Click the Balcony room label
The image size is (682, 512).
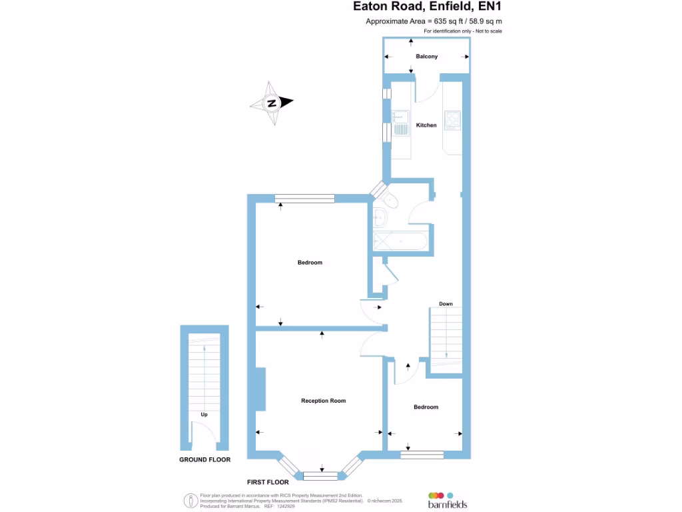[426, 57]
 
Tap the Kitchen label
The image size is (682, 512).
[426, 125]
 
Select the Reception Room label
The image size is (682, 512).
[324, 401]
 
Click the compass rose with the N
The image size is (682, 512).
[272, 103]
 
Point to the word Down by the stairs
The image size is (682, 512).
[446, 304]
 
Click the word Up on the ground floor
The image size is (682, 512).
[204, 415]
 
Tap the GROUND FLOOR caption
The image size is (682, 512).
[204, 460]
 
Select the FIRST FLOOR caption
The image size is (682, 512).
[268, 481]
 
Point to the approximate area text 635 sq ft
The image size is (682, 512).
[434, 21]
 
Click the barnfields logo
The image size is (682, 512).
[447, 500]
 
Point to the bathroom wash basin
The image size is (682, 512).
[380, 217]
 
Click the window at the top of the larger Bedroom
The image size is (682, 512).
[304, 198]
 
